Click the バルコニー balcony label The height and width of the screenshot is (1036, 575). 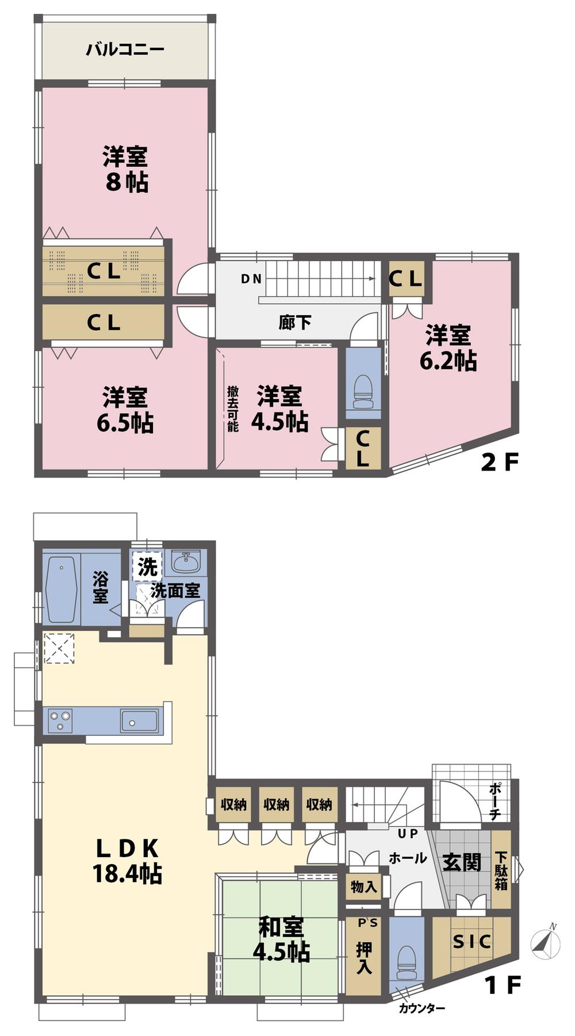(125, 49)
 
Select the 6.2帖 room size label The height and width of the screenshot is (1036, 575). (448, 361)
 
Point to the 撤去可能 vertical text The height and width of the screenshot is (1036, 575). (232, 408)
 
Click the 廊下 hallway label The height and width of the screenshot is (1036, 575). (295, 322)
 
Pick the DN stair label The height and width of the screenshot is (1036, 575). (251, 279)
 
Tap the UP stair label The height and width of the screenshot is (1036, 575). (407, 833)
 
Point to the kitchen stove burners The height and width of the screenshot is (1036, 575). (60, 720)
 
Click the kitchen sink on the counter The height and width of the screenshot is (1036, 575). (139, 721)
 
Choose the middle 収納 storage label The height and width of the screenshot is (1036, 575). (276, 804)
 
